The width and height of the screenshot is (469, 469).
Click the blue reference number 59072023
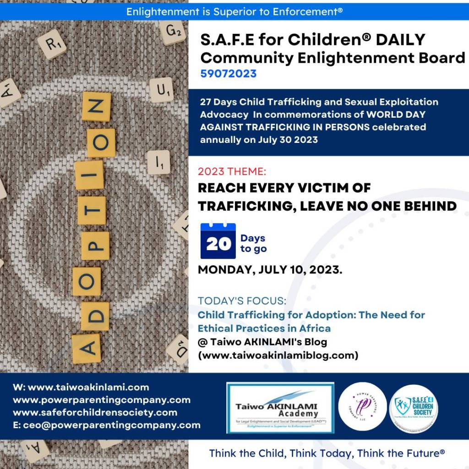point(228,74)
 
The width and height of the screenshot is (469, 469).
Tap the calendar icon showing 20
point(218,241)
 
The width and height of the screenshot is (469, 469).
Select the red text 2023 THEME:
point(232,172)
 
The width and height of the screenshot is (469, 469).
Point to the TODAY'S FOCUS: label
point(242,301)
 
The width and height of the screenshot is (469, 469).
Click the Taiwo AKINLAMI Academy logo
point(280,408)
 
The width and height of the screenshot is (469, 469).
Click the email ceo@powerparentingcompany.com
point(106,425)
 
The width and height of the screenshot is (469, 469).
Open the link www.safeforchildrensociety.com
point(95,412)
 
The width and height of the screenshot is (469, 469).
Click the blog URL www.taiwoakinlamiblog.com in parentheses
point(278,355)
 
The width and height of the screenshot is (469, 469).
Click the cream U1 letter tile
point(161,90)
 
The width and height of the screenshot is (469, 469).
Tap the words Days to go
point(253,244)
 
